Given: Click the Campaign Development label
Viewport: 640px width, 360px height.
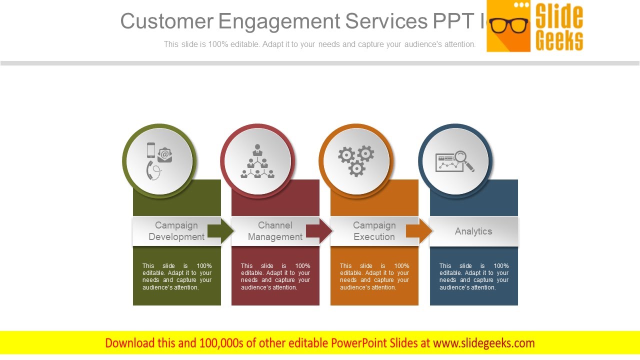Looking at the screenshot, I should (176, 231).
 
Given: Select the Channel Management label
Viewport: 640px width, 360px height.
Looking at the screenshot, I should (275, 231).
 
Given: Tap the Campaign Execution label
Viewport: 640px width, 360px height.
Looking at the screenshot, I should (374, 231).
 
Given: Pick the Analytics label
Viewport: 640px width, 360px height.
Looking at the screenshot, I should (473, 231).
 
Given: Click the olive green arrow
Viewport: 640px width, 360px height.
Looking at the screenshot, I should (220, 231).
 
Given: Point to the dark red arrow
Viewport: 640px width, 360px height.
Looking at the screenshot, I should (319, 231).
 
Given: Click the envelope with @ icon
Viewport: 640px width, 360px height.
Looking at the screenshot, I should (165, 154).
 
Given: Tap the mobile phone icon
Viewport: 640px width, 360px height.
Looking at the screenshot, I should (151, 149).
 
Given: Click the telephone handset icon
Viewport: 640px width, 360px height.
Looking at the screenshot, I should (152, 170).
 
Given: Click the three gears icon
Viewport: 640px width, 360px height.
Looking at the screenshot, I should (356, 160).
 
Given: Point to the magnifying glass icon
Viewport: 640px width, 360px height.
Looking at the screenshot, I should (463, 160).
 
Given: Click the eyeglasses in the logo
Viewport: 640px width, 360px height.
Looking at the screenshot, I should (508, 25).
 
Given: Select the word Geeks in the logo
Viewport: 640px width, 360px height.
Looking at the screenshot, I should (559, 40).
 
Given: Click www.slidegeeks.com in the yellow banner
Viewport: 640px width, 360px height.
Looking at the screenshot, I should (483, 343).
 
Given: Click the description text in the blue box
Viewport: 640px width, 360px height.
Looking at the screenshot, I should (473, 276).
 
